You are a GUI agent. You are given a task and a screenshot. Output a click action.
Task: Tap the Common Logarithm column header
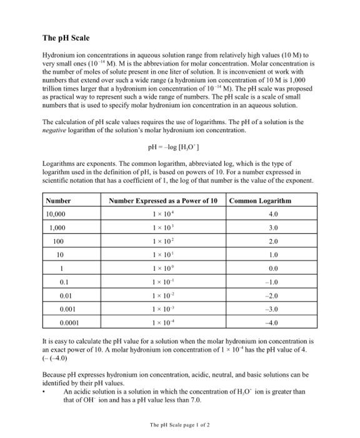260,201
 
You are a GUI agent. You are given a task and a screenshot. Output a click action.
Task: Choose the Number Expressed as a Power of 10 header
163,201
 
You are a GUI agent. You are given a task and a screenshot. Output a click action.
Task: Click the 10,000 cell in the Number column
59,215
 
